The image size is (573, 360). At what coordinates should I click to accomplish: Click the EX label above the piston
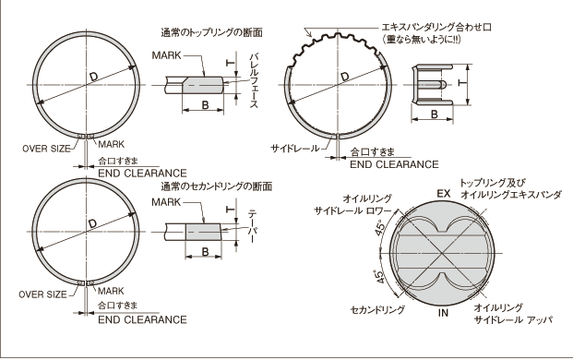coord(444,194)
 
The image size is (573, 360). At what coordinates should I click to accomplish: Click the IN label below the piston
coord(443,313)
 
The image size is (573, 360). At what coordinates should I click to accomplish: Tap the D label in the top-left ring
coord(93,77)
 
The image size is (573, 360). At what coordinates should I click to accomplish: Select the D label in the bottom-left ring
coord(92,223)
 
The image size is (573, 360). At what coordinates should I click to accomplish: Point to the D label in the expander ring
coord(344,77)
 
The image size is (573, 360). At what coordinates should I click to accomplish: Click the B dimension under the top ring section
coord(205,105)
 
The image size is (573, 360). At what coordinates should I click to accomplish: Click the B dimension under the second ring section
coord(205,251)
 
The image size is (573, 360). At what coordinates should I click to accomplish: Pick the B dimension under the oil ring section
coord(435,114)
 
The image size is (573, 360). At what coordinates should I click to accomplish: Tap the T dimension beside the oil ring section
coord(462,84)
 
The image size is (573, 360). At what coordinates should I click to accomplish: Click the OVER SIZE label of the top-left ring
coord(46,149)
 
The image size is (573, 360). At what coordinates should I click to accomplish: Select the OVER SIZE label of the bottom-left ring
coord(42,294)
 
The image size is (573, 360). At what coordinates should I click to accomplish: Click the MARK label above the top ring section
coord(167,55)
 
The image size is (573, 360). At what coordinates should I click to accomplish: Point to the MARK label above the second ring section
coord(166,202)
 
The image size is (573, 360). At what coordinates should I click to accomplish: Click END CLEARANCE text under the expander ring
coord(394,164)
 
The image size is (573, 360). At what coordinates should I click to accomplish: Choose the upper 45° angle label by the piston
coord(379,228)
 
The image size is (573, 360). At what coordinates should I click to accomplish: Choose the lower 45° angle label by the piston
coord(379,277)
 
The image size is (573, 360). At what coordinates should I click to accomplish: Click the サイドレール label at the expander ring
coord(294,149)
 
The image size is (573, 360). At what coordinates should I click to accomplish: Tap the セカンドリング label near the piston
coord(377,310)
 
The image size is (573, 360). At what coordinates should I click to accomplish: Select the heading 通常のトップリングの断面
coord(212,32)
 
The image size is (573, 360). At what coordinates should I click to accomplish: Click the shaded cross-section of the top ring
coord(203,85)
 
